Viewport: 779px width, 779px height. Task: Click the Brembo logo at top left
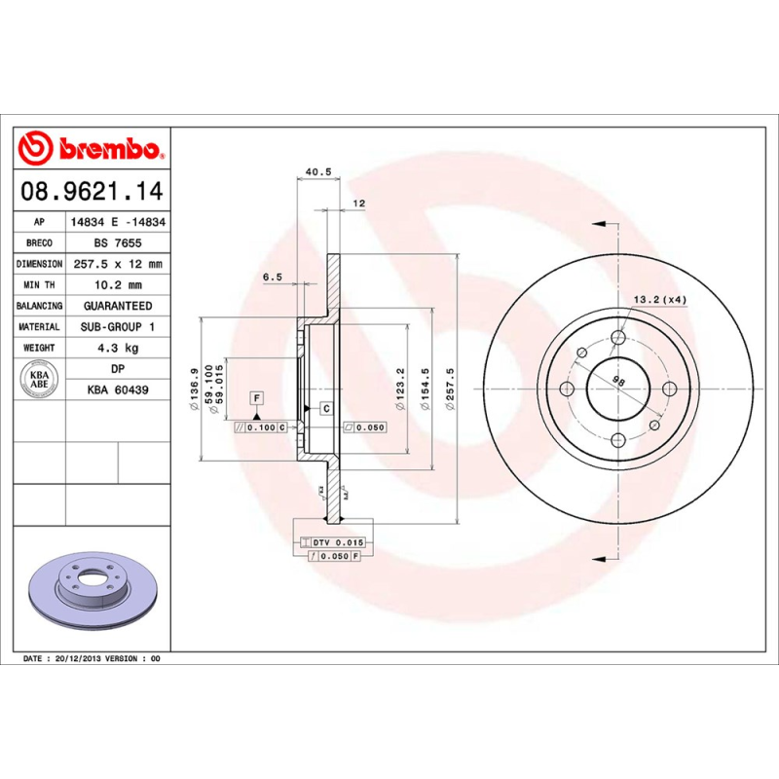tap(90, 149)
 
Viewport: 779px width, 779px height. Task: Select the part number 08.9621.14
tap(90, 190)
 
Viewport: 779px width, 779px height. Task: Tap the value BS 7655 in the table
tap(118, 242)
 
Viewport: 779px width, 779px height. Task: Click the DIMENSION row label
tap(39, 264)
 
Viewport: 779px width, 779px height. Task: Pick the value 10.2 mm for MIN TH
tap(118, 285)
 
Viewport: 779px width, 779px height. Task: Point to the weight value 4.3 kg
tap(118, 348)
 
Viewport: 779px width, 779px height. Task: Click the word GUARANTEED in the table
tap(118, 306)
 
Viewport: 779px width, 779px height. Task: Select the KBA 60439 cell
tap(118, 390)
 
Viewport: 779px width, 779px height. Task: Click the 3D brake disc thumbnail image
tap(92, 590)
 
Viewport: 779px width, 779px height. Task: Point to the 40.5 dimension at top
tap(318, 172)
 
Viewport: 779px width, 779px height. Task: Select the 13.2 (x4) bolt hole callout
tap(660, 299)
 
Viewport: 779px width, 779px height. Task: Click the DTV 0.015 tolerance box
tap(335, 541)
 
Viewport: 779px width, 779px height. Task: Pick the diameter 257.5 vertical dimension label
tap(450, 389)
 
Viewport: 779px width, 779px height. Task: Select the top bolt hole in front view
tap(618, 338)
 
